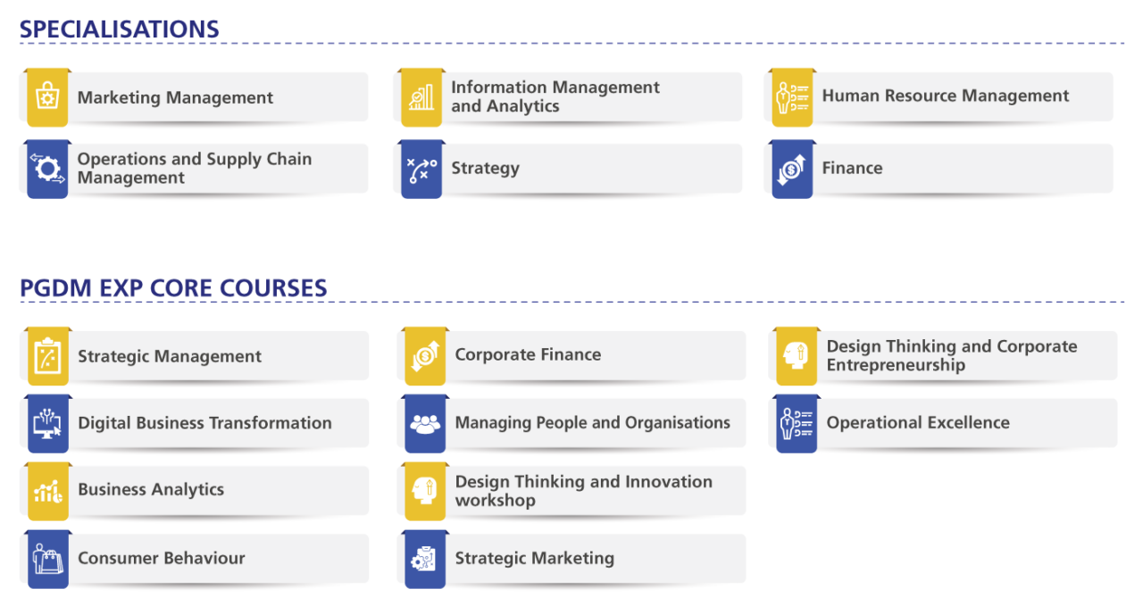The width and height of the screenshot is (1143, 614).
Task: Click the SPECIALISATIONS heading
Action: coord(119,29)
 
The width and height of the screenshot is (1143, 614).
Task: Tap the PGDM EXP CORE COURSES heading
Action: coord(172,287)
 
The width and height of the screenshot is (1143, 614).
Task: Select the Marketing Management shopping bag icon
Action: coord(46,96)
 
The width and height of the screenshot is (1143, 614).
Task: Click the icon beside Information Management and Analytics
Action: coord(421,96)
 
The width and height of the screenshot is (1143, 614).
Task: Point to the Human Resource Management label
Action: coord(945,95)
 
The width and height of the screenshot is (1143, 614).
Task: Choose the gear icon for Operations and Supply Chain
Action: coord(46,168)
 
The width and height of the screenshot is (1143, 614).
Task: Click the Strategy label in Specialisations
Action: coord(485,168)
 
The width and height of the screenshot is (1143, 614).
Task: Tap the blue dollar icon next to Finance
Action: coord(791,168)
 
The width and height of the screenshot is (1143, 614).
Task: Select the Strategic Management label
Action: coord(170,356)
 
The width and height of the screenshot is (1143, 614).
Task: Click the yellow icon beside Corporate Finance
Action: coord(425,355)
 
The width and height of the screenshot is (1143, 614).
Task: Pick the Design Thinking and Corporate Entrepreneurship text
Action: coord(951,355)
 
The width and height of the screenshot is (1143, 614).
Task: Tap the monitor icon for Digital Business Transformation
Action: coord(46,423)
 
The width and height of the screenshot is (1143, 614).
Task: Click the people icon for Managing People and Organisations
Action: coord(425,423)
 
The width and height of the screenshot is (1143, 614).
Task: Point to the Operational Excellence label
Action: coord(918,422)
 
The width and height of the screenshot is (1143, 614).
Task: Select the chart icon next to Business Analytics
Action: coord(46,490)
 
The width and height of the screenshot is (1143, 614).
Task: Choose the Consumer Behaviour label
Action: coord(161,558)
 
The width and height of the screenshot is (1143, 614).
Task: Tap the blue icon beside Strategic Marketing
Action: coord(425,559)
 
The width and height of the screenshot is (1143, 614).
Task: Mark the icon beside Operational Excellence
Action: coord(796,423)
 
